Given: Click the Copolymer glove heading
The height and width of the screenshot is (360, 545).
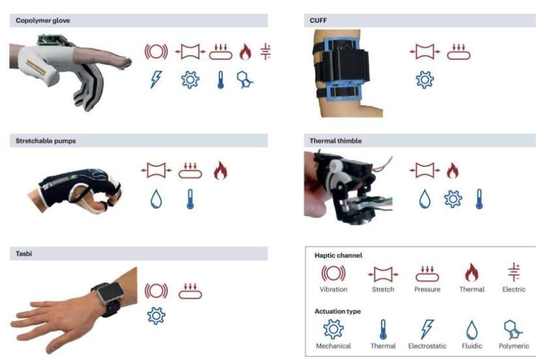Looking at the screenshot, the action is click(43, 20).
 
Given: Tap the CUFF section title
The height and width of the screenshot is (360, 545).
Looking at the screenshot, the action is click(318, 20).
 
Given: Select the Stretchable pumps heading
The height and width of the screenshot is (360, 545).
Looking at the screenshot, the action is click(46, 141).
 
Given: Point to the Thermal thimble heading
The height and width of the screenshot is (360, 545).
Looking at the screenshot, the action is click(335, 141).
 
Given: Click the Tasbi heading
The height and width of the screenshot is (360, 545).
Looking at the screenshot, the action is click(23, 254).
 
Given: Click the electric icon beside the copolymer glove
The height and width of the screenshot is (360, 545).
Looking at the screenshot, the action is click(266, 52).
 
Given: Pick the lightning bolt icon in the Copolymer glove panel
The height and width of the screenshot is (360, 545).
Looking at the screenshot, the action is click(156, 80).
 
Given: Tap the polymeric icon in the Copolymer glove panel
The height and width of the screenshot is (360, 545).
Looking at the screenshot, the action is click(245, 80).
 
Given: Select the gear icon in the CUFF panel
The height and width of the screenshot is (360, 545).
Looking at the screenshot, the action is click(424, 80).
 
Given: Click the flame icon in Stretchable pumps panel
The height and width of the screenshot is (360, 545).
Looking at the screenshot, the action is click(221, 170).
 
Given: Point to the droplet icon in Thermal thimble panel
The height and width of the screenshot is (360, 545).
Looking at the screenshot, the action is click(424, 199).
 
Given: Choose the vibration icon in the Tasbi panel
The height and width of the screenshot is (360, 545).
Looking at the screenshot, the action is click(156, 291).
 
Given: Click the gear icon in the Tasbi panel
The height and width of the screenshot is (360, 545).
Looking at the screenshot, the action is click(156, 316).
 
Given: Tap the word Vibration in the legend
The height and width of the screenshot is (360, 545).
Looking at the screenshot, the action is click(334, 289).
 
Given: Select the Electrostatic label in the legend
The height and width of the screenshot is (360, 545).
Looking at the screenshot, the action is click(427, 346).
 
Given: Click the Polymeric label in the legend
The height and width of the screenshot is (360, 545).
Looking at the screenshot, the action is click(514, 346).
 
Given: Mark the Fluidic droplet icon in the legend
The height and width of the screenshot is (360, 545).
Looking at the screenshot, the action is click(472, 330).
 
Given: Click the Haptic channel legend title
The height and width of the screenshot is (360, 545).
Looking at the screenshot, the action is click(338, 256).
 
